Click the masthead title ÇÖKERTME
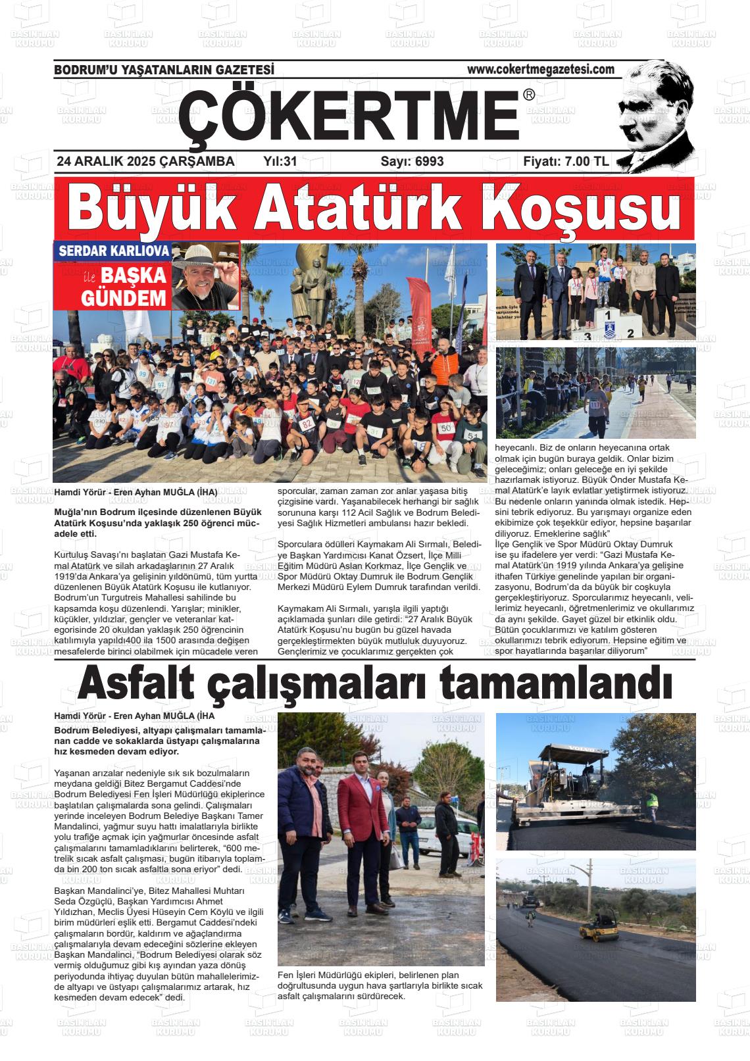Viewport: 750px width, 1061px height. click(349, 114)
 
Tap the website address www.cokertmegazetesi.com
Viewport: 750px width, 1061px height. click(540, 69)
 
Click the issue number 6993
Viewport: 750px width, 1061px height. click(429, 161)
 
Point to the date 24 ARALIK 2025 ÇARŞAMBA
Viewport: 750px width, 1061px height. click(145, 161)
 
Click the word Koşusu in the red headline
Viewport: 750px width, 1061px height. click(581, 209)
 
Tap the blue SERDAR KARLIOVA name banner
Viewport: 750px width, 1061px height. click(114, 251)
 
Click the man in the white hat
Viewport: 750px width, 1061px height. click(205, 276)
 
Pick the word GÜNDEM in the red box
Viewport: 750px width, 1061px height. click(123, 298)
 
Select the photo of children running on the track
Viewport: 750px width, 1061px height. click(595, 393)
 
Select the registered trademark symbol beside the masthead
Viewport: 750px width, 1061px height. click(529, 96)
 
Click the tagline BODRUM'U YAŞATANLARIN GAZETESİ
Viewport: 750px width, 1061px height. click(164, 70)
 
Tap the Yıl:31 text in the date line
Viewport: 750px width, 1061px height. click(280, 161)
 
